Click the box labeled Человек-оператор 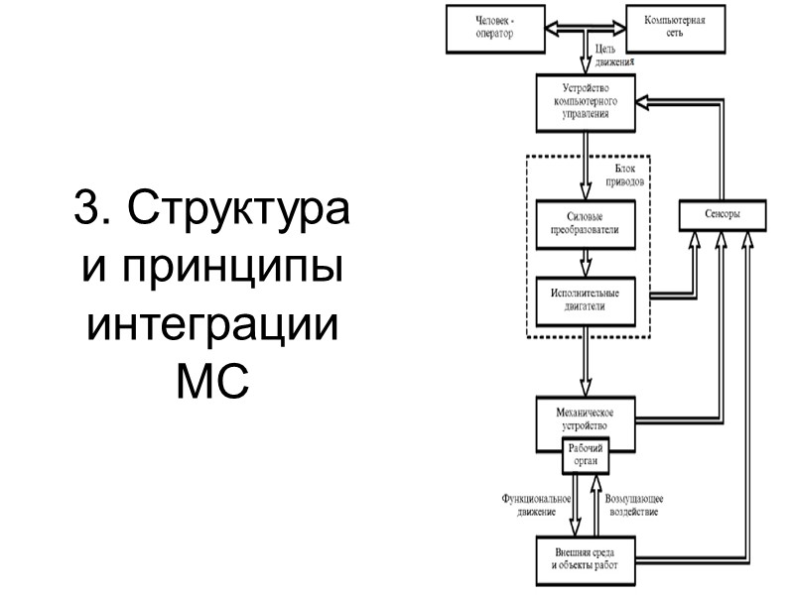pos(495,29)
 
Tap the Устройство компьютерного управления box pos(586,102)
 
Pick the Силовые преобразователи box pos(585,222)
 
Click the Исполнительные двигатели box pos(585,300)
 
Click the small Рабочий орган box pos(586,455)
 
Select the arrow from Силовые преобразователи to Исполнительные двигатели pos(585,261)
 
